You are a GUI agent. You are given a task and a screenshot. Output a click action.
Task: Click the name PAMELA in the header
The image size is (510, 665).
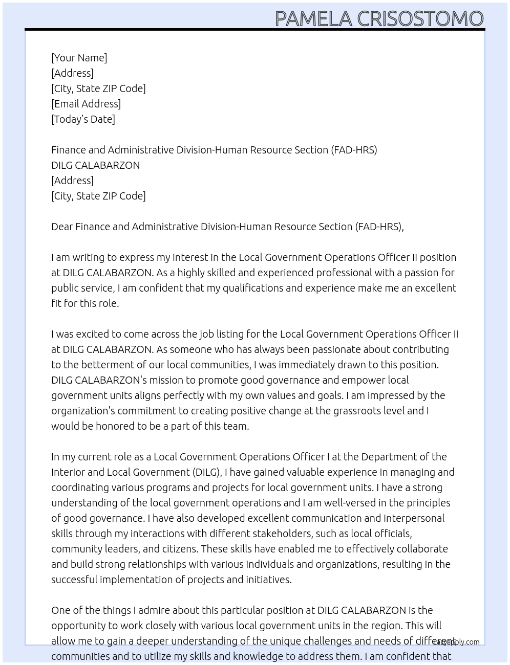pyautogui.click(x=313, y=18)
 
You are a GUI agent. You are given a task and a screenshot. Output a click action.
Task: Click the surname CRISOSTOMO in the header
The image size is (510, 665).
pyautogui.click(x=420, y=18)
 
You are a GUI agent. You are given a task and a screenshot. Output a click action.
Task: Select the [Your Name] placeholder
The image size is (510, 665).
pyautogui.click(x=79, y=58)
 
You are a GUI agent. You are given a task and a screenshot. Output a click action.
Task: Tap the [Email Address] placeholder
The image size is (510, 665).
pyautogui.click(x=86, y=104)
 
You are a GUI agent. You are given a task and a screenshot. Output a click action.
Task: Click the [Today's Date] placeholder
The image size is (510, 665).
pyautogui.click(x=83, y=119)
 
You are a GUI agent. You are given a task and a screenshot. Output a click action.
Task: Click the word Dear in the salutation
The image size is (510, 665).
pyautogui.click(x=62, y=227)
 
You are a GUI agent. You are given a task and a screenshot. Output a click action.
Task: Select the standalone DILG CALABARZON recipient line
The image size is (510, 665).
pyautogui.click(x=95, y=165)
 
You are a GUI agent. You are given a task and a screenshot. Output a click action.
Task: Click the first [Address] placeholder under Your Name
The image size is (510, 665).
pyautogui.click(x=72, y=73)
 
